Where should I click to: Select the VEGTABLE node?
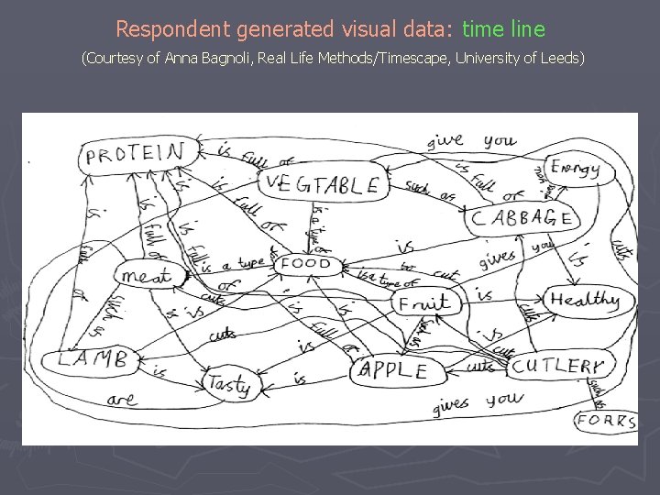click(321, 184)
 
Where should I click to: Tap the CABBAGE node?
click(522, 218)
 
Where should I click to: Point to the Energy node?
click(576, 168)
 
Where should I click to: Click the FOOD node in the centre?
click(305, 264)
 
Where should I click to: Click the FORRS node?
click(606, 422)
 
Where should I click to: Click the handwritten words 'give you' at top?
click(471, 141)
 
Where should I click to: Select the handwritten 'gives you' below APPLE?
click(477, 402)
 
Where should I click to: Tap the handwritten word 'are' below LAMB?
click(122, 399)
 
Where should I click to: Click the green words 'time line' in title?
click(503, 29)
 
